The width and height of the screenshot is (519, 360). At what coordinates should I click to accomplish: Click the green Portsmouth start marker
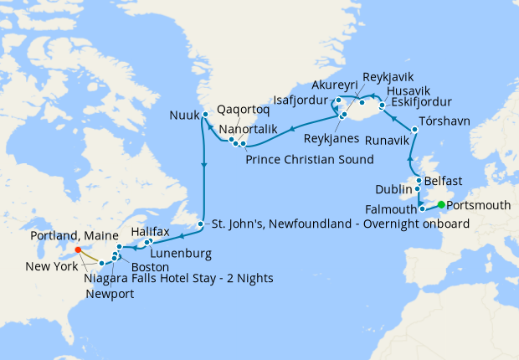[441, 203]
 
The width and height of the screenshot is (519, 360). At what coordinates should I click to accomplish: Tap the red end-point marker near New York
[76, 249]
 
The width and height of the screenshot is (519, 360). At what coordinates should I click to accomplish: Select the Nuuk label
[183, 115]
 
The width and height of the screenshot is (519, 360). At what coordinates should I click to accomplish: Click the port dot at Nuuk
[204, 115]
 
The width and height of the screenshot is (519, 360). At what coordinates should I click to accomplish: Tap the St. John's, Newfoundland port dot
[201, 224]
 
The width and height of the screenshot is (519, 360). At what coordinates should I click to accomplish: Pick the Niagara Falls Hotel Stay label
[178, 278]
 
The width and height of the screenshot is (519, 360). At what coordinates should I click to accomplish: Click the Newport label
[108, 293]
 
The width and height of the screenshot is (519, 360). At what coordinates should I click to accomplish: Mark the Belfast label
[443, 180]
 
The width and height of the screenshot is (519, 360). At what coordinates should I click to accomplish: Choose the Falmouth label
[391, 209]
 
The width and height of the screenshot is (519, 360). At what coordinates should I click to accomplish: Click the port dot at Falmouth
[423, 208]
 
